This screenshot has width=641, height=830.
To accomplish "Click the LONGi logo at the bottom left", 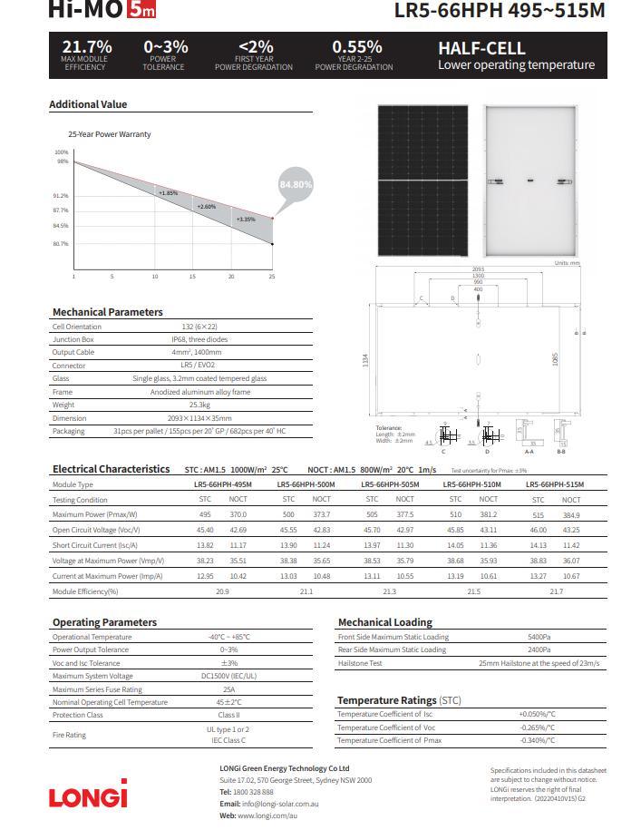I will click(x=88, y=796).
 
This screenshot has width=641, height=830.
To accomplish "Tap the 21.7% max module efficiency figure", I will click(x=86, y=47).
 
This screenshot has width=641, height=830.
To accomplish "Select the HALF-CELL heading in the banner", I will click(x=477, y=48).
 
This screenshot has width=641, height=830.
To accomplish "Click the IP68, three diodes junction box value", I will click(x=201, y=339).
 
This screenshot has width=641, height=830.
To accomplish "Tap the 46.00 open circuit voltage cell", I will click(x=538, y=529).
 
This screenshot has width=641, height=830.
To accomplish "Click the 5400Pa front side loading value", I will click(x=538, y=637).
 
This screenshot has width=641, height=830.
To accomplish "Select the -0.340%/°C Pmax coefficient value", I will click(x=538, y=741).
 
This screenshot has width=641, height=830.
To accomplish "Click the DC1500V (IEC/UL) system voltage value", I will click(x=228, y=676).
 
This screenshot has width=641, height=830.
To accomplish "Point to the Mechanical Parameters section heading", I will click(x=107, y=312).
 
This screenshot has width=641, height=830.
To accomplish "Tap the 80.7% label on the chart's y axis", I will click(x=61, y=244).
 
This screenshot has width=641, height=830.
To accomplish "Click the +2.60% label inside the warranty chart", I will click(x=207, y=207).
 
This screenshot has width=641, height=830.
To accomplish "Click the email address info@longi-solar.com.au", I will click(x=281, y=805).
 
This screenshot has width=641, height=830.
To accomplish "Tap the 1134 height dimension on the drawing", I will click(x=365, y=360).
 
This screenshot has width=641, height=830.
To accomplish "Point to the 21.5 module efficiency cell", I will click(x=472, y=591).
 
